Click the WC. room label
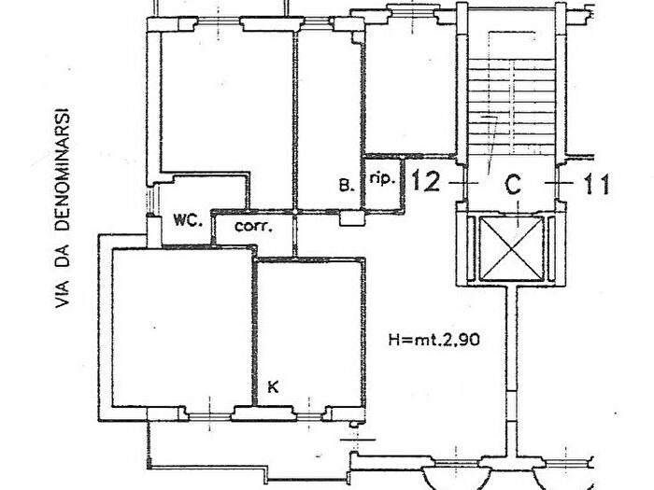click(x=188, y=220)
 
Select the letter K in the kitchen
click(x=273, y=387)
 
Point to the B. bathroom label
click(x=347, y=185)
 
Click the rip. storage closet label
click(x=382, y=179)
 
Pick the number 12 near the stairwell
click(x=426, y=182)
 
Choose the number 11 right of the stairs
click(x=597, y=184)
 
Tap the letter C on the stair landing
click(x=513, y=184)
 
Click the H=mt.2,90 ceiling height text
click(x=434, y=340)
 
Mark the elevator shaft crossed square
click(x=511, y=248)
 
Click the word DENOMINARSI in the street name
click(x=63, y=170)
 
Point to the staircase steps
click(x=512, y=105)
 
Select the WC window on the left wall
click(x=151, y=200)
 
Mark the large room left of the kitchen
click(x=182, y=328)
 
